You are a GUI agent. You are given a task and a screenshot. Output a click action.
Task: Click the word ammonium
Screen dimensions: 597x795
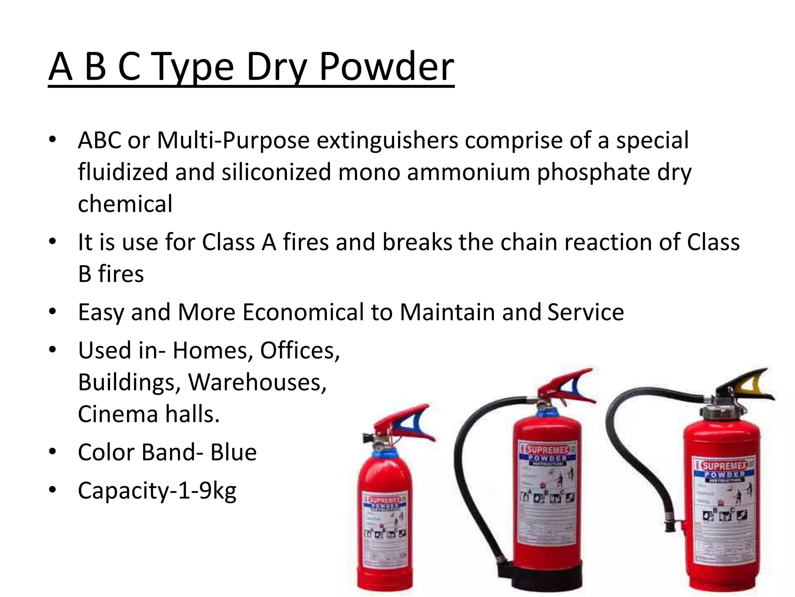(x=469, y=172)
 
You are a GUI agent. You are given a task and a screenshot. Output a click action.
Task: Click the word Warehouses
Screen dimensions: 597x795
(x=257, y=382)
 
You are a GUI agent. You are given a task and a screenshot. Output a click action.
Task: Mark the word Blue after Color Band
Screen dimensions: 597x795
(x=233, y=452)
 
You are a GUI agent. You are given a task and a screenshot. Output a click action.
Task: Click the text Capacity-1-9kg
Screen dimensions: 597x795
(x=157, y=491)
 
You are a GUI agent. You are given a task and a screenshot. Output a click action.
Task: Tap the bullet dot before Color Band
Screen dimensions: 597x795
(x=53, y=452)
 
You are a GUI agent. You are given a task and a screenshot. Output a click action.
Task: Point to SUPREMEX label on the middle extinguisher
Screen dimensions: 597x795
(x=547, y=450)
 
